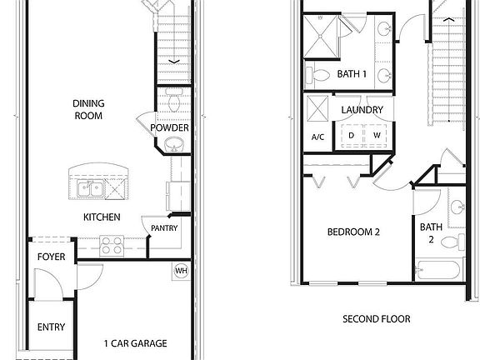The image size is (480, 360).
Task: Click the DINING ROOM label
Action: pos(87,109)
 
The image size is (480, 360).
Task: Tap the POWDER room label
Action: pos(170,127)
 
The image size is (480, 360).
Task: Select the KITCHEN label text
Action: pos(102,217)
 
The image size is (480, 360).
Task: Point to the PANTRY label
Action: pos(164,228)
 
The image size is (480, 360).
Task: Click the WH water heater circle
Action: pos(181,270)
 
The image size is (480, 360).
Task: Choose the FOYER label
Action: pos(51,257)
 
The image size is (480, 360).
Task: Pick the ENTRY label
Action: pos(51,327)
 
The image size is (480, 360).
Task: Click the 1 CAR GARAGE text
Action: pos(135,343)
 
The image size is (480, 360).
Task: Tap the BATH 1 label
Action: pos(352,75)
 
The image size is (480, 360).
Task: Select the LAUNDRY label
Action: pos(362,110)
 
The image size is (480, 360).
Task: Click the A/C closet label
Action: pos(317,137)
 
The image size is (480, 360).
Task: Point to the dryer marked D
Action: pos(351,135)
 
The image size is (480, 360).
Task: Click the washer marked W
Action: pos(376,135)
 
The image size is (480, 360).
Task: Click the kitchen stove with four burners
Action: pos(112,246)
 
